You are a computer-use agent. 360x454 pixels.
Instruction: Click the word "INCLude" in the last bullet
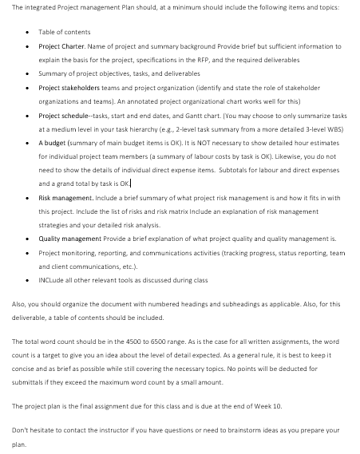pyautogui.click(x=50, y=279)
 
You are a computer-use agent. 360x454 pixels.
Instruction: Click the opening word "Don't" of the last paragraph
pyautogui.click(x=21, y=429)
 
